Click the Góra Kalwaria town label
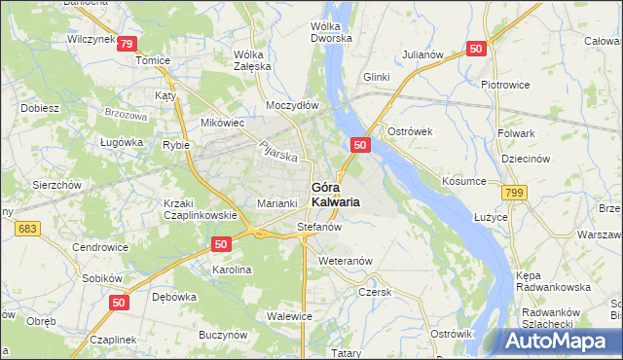point(336,194)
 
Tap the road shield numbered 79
point(126,44)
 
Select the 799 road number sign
point(515,195)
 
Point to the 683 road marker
point(26,227)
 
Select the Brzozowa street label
point(125,115)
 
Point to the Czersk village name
point(374,291)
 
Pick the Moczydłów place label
point(292,104)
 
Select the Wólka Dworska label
point(335,32)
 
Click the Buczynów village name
point(219,333)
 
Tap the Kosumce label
point(463,182)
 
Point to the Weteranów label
point(346,261)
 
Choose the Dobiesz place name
point(39,108)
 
